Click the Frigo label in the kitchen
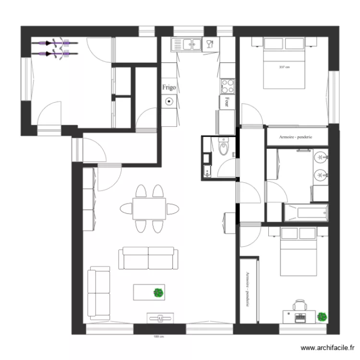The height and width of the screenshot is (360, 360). pos(168,87)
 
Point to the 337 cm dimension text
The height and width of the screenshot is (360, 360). pos(284,67)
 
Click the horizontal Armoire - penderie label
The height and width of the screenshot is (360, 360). pos(296,137)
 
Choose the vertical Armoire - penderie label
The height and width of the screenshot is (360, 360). pos(248,290)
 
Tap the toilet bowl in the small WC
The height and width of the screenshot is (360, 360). pos(224,147)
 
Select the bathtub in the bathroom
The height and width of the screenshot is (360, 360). pos(306,213)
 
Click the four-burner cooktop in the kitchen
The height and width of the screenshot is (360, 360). pos(227,86)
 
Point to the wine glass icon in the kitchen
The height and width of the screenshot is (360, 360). pos(209,45)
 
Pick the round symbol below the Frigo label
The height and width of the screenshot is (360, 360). pos(169,102)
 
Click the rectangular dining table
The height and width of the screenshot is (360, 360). pos(149,208)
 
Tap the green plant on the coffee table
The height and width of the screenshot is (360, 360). pos(158,292)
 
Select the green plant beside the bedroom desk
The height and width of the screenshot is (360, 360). pos(322,316)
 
